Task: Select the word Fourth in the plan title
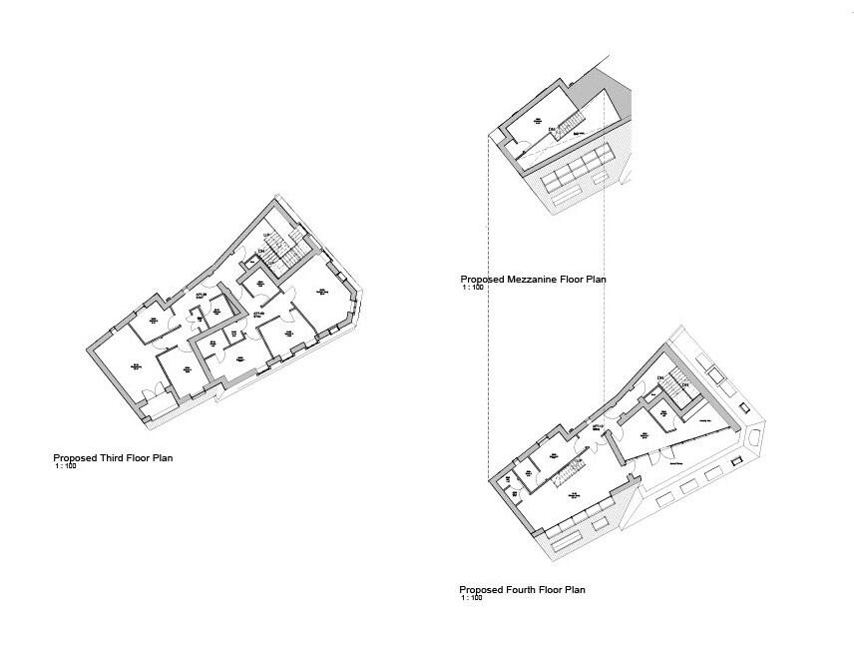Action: pyautogui.click(x=521, y=590)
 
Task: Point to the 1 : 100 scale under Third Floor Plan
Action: pyautogui.click(x=65, y=466)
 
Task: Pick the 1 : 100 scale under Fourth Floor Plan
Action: pyautogui.click(x=472, y=598)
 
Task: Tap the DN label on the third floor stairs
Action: pyautogui.click(x=261, y=251)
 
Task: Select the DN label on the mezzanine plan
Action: pyautogui.click(x=550, y=129)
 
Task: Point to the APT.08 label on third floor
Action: pyautogui.click(x=201, y=297)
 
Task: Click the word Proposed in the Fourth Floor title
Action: pyautogui.click(x=480, y=590)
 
